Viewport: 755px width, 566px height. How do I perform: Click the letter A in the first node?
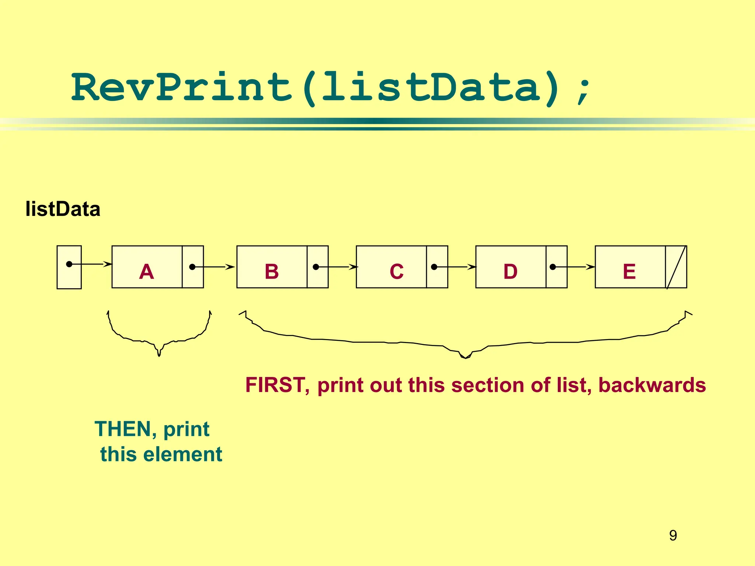click(146, 272)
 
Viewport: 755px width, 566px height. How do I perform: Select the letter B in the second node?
click(272, 272)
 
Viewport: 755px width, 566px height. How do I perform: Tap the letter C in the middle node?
click(396, 272)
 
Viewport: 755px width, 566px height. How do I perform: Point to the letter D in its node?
click(511, 272)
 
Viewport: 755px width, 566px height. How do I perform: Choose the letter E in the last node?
click(629, 272)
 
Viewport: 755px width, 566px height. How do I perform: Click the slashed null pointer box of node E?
click(676, 267)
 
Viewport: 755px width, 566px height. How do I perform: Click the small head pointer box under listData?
click(69, 267)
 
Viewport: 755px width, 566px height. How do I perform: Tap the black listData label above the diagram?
click(63, 209)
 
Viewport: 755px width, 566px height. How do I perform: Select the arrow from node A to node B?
click(214, 267)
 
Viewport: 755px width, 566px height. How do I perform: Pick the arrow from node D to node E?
click(574, 267)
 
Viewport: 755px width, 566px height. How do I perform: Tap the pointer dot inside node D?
click(553, 267)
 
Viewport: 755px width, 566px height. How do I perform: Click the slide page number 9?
click(673, 535)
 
